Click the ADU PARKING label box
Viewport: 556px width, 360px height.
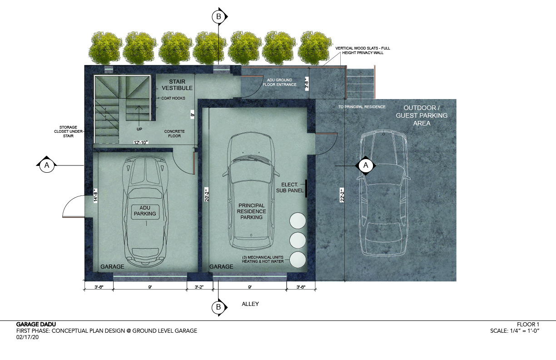(145, 212)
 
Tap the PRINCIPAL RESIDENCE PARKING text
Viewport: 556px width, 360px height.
(251, 211)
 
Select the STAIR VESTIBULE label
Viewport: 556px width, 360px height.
(177, 85)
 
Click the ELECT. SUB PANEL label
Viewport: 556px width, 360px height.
(290, 188)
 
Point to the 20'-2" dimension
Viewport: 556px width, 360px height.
(207, 194)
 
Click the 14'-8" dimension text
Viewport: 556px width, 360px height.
(95, 196)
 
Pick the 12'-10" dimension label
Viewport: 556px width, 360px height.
(141, 142)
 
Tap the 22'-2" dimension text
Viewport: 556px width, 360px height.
(343, 195)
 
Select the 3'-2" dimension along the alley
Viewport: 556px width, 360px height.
(199, 287)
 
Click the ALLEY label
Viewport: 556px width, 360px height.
(250, 304)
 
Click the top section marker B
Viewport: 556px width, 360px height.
(219, 16)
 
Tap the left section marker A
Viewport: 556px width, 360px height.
(47, 165)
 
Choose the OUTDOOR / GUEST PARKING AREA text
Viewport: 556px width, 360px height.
(422, 115)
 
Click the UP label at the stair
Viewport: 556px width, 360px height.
(139, 129)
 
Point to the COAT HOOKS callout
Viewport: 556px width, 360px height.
(173, 98)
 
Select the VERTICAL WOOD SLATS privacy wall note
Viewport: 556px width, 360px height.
(362, 50)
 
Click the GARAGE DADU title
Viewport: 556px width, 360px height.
(36, 324)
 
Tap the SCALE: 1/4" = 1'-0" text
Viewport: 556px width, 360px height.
(515, 331)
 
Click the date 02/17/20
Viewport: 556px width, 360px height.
(28, 337)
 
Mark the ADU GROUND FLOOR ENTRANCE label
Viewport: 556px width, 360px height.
(279, 82)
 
